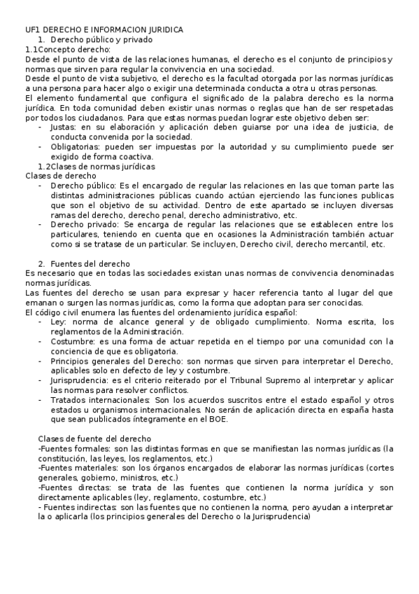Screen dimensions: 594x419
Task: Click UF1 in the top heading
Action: (34, 29)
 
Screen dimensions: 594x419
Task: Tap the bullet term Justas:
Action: (66, 127)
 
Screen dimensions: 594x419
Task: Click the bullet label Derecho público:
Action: (84, 186)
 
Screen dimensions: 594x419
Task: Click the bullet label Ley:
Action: (59, 322)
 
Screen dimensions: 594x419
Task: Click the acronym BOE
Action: (230, 419)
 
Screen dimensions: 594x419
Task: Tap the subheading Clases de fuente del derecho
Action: (95, 438)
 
